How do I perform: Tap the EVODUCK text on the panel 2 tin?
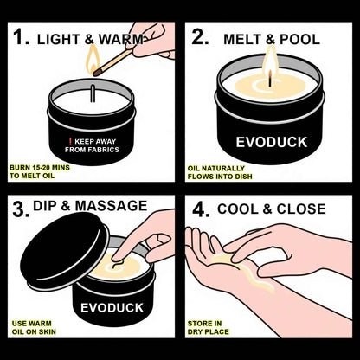270,142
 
